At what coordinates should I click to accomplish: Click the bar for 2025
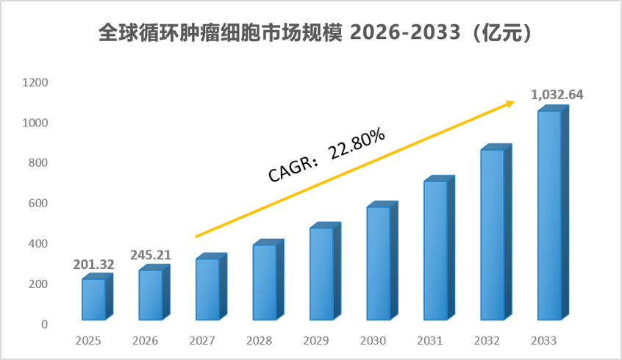(x=97, y=297)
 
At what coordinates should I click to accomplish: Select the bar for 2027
(x=211, y=287)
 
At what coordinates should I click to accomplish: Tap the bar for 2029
(x=325, y=271)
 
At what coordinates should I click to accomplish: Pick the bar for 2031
(x=439, y=248)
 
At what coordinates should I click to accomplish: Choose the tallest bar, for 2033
(x=553, y=212)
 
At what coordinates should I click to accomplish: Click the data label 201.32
(x=93, y=264)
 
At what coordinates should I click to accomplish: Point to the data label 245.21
(x=151, y=255)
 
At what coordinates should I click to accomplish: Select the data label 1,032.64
(x=557, y=95)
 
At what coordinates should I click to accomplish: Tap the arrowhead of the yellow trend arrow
(x=510, y=104)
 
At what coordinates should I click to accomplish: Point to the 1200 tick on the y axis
(x=35, y=82)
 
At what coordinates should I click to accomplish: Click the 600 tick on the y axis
(x=38, y=204)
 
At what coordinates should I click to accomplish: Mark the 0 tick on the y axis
(x=44, y=325)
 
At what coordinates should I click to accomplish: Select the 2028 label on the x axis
(x=259, y=341)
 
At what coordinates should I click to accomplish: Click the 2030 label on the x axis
(x=373, y=341)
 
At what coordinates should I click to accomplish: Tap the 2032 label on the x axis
(x=487, y=341)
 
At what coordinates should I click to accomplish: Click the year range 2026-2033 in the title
(x=405, y=32)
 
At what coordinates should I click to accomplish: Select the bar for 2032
(x=496, y=232)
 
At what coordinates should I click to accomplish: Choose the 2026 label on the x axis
(x=145, y=341)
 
